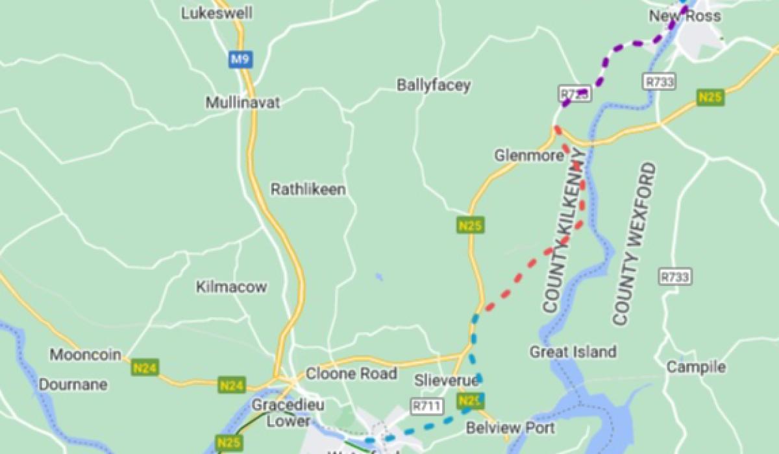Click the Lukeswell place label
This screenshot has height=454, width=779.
point(217,13)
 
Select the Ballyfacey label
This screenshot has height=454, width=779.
point(434,86)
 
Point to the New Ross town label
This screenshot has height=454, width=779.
point(685,16)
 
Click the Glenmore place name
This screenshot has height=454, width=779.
point(526,156)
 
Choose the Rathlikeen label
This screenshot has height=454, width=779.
point(308,189)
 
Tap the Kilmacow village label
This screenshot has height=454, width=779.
point(232,287)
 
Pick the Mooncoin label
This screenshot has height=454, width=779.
point(86,355)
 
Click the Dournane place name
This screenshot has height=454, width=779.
point(73,385)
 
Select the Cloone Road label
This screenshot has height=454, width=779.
point(351,374)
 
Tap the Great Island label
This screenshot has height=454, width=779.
point(573,352)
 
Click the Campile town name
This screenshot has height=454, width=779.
point(696,367)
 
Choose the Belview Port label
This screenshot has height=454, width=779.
point(510,428)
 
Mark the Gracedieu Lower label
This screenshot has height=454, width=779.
point(280,412)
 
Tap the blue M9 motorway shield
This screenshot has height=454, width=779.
point(240,60)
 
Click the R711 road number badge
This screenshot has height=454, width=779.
point(427,407)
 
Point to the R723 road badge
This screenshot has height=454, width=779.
point(575,94)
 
